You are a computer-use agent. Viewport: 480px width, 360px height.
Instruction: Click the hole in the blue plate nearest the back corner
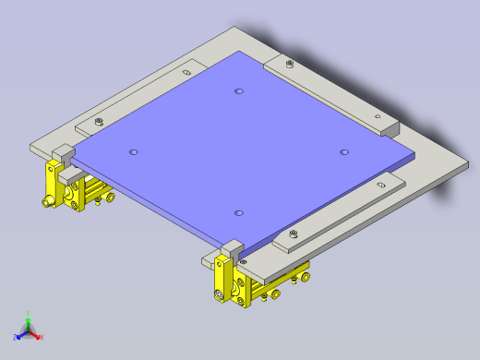click(239, 91)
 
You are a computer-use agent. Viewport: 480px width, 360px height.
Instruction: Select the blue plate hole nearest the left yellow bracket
click(134, 150)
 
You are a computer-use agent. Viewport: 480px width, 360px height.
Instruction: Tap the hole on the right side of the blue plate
click(344, 152)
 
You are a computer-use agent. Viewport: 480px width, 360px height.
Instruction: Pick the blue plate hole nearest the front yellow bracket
click(239, 213)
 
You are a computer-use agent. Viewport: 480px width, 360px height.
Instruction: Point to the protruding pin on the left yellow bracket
click(45, 200)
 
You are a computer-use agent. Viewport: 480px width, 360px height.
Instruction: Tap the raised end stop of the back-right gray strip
click(388, 126)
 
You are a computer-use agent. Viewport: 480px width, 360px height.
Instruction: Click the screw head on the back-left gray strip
click(98, 121)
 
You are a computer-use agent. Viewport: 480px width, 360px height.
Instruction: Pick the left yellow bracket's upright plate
click(52, 185)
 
